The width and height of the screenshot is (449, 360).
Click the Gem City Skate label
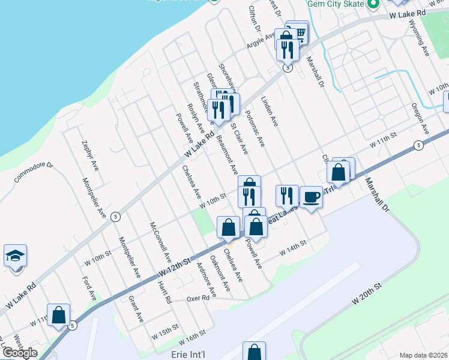tap(336, 4)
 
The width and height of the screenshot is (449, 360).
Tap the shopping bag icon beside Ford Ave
tap(58, 314)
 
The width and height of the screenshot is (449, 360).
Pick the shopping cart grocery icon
tap(298, 34)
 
